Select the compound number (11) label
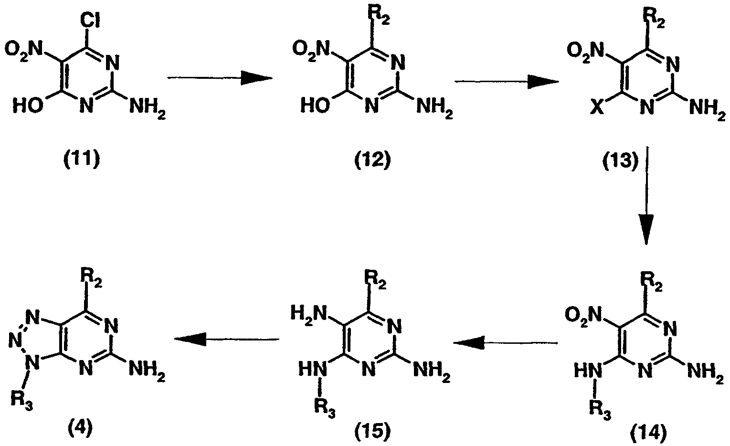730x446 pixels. [x=81, y=160]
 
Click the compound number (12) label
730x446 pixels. [x=372, y=160]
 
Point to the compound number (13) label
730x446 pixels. [x=620, y=161]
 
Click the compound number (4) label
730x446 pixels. [x=80, y=428]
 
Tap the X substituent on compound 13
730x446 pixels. [x=597, y=107]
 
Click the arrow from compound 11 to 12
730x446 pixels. [x=220, y=78]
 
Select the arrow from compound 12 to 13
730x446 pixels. [x=507, y=81]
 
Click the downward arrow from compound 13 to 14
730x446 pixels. [x=646, y=196]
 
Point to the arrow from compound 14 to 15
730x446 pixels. [x=506, y=343]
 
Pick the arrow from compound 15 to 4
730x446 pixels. [x=226, y=340]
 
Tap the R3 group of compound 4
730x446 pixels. [x=22, y=400]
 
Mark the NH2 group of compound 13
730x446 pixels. [x=707, y=109]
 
